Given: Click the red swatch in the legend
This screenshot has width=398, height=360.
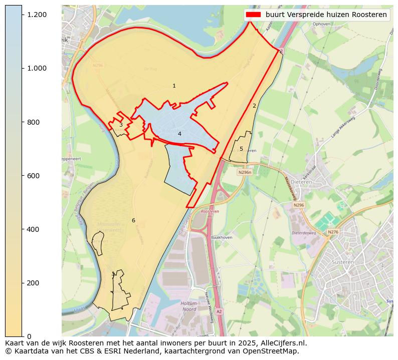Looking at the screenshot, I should [254, 15].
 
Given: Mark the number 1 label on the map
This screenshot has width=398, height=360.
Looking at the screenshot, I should [174, 86].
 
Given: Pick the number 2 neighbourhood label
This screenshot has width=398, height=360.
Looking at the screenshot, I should [254, 106].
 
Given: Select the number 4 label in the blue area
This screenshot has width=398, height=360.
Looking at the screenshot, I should [179, 134].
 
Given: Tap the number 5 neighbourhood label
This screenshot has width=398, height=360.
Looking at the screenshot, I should [241, 149].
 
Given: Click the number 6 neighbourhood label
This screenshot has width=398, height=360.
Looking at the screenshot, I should [133, 220].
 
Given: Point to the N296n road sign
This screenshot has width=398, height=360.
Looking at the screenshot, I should [245, 172].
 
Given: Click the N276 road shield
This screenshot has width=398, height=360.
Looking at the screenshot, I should [333, 232].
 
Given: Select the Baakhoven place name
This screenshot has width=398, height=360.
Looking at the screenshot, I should [222, 237].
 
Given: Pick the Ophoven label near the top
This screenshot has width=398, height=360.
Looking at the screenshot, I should [321, 24].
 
